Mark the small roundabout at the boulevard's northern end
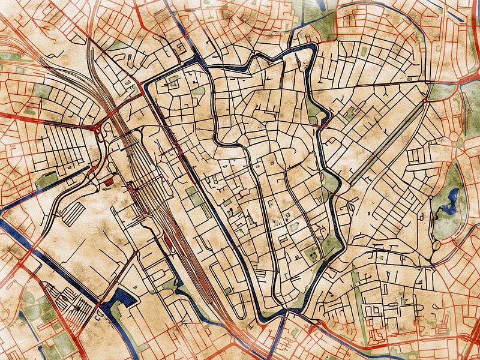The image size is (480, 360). tap(427, 101)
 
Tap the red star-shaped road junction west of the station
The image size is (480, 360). tap(98, 128)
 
